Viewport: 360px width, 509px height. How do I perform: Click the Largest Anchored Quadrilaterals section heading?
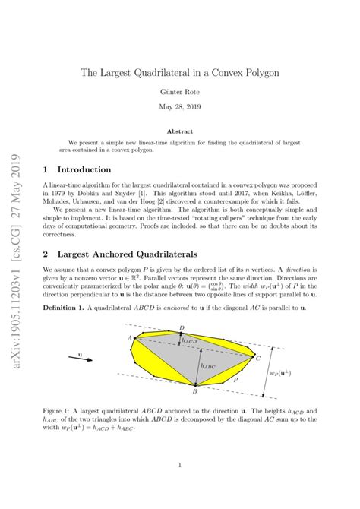click(124, 254)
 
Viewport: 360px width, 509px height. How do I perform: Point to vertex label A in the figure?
click(130, 337)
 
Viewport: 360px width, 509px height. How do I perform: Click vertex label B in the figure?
click(195, 393)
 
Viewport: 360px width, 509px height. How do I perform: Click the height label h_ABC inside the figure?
click(207, 365)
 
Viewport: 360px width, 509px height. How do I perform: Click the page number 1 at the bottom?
click(179, 465)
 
